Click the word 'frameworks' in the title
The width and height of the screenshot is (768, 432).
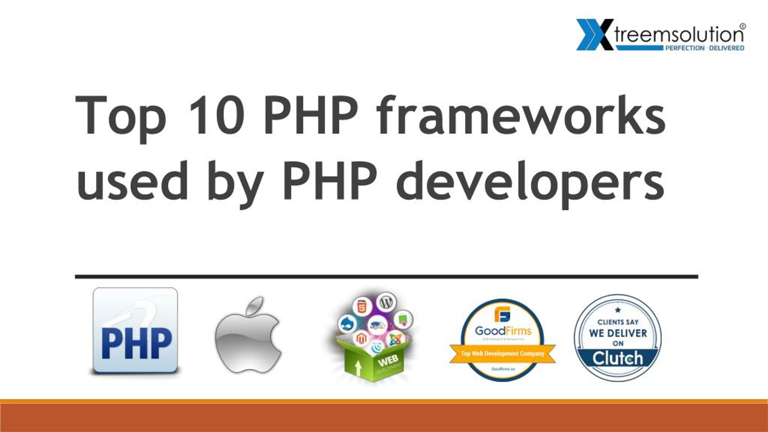[521, 115]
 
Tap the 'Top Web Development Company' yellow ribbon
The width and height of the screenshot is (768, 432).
[502, 354]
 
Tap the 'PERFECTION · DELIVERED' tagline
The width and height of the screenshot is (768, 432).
[705, 48]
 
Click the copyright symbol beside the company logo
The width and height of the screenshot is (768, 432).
[742, 26]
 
